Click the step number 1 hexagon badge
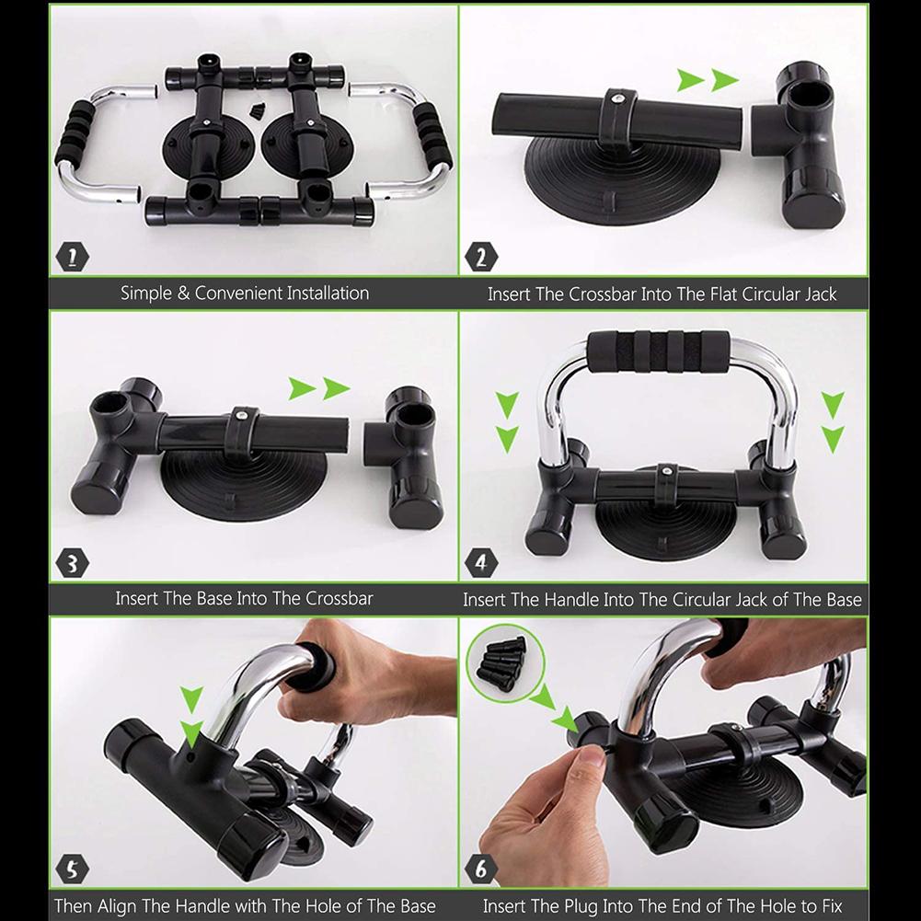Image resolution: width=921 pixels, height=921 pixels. pos(72,256)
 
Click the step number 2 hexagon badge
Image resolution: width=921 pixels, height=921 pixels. pos(480,256)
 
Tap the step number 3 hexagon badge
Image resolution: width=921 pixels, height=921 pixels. pos(72,561)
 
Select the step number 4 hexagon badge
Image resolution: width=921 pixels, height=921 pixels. pos(480,561)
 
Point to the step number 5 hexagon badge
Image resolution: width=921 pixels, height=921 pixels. pos(72,868)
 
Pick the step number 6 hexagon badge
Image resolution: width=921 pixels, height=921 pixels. pos(480,868)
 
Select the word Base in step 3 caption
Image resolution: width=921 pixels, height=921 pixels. pos(214,599)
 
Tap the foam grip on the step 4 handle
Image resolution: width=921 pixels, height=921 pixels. pos(658,351)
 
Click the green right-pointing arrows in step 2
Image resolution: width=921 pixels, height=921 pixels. pos(708,80)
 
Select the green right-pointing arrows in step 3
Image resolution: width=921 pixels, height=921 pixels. pos(319,388)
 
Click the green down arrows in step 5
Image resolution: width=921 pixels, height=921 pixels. pos(191,715)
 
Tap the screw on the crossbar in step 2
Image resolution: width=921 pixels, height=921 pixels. pos(617,95)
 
